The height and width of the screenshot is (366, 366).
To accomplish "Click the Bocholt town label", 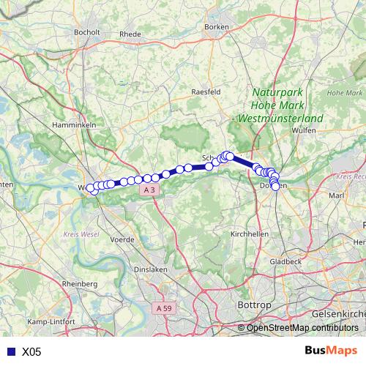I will [x=87, y=32].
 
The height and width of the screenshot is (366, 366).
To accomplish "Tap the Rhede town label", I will [x=130, y=34].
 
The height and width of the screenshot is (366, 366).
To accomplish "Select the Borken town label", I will [x=217, y=26].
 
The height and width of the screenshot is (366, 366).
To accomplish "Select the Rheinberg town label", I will [x=81, y=283].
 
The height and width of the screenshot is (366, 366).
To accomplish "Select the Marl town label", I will [x=337, y=195].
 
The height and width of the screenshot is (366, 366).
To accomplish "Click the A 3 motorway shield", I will [x=149, y=190].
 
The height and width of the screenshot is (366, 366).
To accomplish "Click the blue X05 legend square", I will [x=9, y=351].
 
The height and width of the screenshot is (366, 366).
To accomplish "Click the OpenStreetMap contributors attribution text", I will [x=302, y=327].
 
